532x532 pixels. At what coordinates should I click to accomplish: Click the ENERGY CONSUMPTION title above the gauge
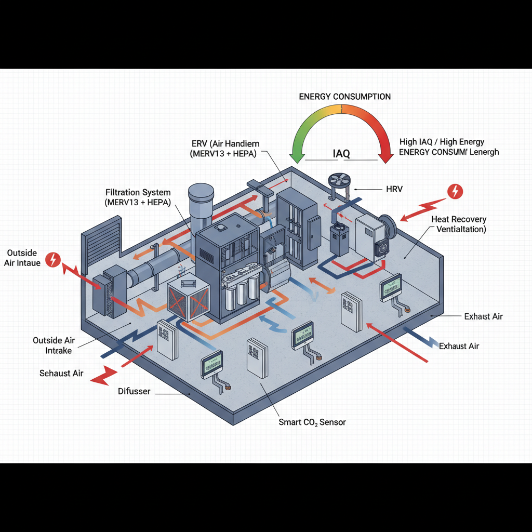345,97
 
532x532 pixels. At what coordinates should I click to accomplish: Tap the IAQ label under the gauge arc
341,153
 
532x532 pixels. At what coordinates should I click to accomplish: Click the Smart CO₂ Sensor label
312,422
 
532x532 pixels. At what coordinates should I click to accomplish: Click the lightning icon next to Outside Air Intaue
53,259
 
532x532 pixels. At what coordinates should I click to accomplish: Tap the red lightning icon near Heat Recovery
455,191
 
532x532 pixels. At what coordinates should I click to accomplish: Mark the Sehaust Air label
61,373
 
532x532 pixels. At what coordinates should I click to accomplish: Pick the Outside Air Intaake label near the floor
54,345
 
